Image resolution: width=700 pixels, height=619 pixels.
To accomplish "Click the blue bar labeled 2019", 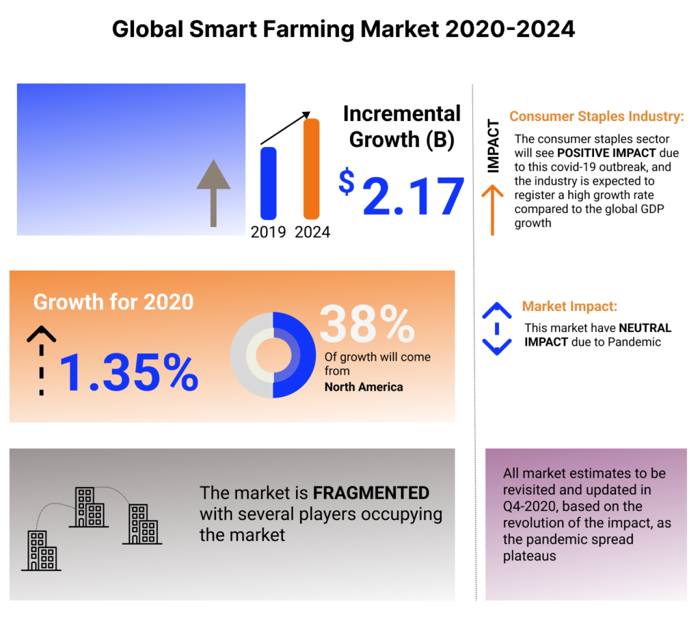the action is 268,183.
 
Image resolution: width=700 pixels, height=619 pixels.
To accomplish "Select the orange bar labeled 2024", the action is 312,169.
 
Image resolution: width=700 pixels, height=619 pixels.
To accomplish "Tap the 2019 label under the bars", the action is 268,232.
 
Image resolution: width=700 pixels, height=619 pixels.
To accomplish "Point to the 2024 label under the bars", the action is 312,232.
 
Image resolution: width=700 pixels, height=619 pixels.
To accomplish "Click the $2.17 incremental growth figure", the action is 401,193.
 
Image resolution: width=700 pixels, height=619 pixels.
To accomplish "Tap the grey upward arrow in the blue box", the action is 213,193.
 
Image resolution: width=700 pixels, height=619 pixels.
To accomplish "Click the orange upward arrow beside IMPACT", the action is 492,210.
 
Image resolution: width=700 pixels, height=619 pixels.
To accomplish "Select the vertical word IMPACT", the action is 493,146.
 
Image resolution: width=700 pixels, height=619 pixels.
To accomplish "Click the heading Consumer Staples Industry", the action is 596,116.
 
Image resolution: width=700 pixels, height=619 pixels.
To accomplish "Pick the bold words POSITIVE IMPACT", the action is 606,153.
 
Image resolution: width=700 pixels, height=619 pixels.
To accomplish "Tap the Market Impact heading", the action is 569,307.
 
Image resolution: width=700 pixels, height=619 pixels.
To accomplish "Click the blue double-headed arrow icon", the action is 497,329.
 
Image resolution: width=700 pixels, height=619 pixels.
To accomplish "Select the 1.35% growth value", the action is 129,372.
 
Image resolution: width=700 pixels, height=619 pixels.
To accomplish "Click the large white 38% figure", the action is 367,324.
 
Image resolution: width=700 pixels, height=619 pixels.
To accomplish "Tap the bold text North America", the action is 364,387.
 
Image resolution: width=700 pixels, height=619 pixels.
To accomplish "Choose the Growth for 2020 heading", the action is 113,302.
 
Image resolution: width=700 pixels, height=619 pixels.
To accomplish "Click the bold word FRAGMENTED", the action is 371,493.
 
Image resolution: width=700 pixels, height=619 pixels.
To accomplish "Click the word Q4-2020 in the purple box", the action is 528,506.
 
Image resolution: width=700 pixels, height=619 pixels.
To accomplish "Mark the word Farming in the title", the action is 308,30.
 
